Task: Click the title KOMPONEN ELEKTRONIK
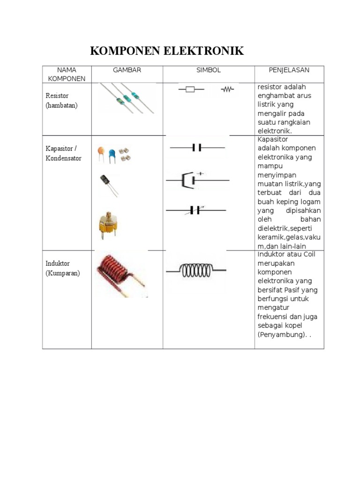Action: [167, 51]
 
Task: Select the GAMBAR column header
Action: [127, 70]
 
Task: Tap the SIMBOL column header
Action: [208, 70]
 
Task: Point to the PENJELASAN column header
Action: [289, 70]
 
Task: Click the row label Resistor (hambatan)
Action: [61, 100]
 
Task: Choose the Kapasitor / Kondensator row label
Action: [63, 153]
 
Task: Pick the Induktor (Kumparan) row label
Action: [63, 268]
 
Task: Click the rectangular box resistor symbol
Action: [190, 89]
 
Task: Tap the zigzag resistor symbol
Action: [228, 89]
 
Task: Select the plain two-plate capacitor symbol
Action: [197, 148]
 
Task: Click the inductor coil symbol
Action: [196, 270]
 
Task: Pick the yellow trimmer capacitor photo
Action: [108, 224]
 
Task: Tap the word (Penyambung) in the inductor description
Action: [279, 335]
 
